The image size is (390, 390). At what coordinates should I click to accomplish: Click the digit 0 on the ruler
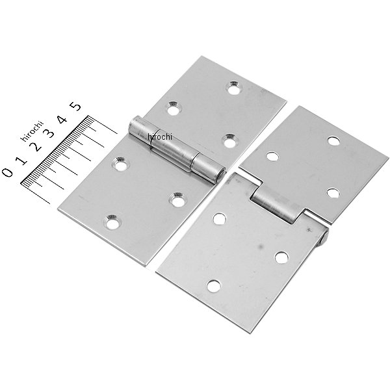click(x=7, y=172)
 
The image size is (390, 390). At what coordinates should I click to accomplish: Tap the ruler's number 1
click(x=21, y=159)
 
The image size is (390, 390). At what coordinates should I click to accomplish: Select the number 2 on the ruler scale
click(x=36, y=145)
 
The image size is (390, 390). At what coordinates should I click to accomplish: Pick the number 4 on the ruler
click(x=62, y=120)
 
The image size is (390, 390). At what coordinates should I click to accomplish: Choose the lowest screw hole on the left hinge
click(x=114, y=223)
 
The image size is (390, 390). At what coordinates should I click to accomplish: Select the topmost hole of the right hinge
click(x=333, y=140)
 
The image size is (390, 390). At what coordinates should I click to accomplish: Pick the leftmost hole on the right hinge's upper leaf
click(x=273, y=156)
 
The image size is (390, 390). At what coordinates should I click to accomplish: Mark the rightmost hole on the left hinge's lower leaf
click(x=177, y=200)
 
